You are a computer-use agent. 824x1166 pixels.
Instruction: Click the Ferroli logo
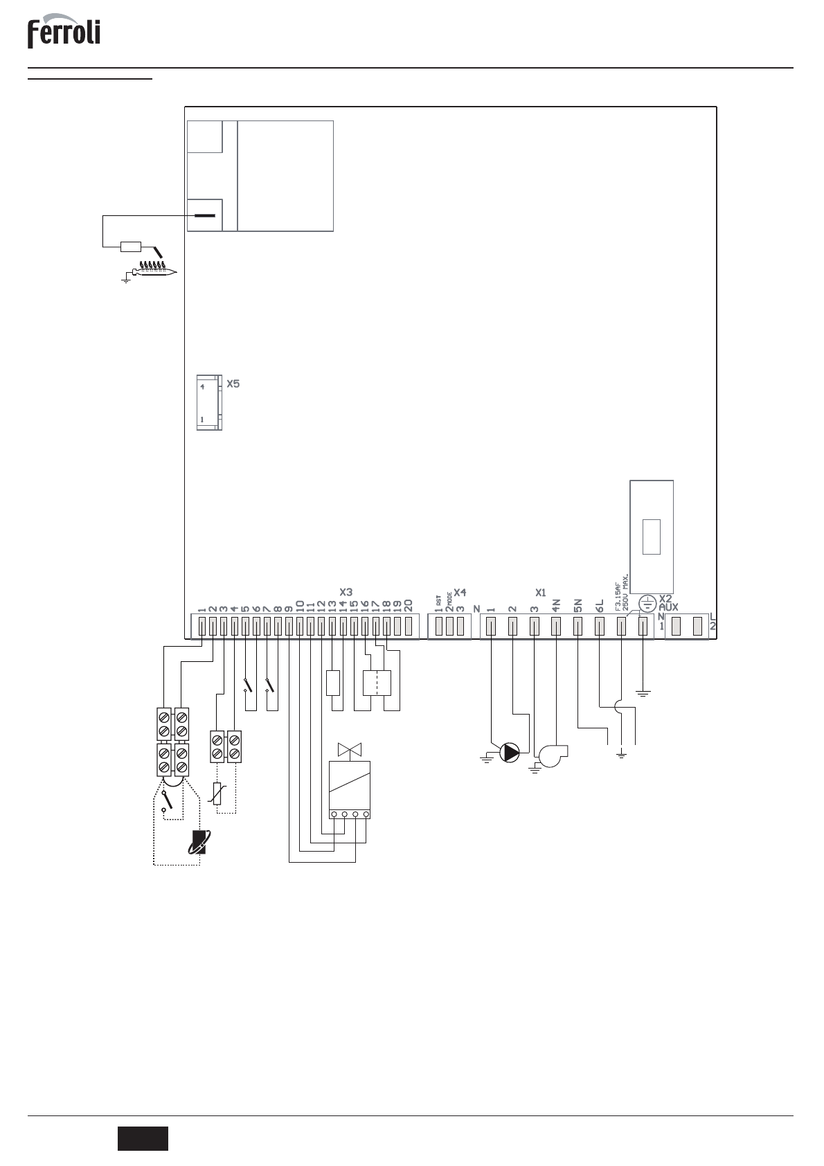[64, 33]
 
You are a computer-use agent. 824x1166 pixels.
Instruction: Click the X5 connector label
[233, 383]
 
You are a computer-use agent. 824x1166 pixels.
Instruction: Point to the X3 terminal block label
[346, 592]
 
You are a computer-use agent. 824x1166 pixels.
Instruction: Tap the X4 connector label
[460, 593]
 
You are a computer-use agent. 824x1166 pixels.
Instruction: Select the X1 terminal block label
[541, 593]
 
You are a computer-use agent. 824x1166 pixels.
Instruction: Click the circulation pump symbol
[510, 753]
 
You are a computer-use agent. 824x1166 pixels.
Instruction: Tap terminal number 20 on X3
[408, 604]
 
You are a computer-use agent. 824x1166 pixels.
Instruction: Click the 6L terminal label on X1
[600, 604]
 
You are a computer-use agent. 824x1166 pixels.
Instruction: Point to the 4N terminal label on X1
[556, 604]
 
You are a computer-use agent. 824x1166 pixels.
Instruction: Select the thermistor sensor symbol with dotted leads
[218, 793]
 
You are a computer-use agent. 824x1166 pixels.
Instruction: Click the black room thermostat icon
[198, 841]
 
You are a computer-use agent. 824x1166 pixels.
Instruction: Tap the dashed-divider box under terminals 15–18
[377, 683]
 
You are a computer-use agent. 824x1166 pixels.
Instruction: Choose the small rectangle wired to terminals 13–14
[333, 683]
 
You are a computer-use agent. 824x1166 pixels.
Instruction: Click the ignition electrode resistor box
[131, 246]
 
